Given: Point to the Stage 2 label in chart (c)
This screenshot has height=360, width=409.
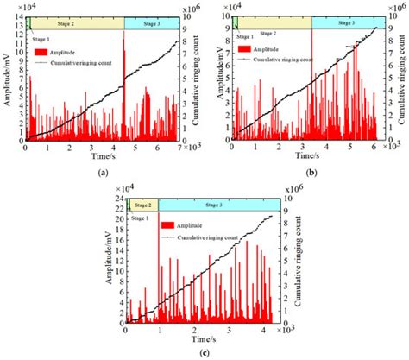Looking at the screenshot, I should point(142,205).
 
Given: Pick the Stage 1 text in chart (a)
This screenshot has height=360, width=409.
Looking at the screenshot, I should point(40,39).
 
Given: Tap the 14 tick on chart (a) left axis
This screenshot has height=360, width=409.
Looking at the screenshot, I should point(17,17).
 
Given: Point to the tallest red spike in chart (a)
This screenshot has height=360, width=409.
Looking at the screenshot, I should point(124,35).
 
